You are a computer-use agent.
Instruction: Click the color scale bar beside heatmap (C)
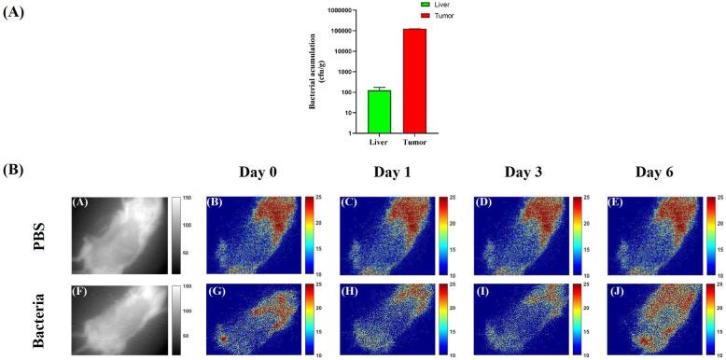(440, 234)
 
